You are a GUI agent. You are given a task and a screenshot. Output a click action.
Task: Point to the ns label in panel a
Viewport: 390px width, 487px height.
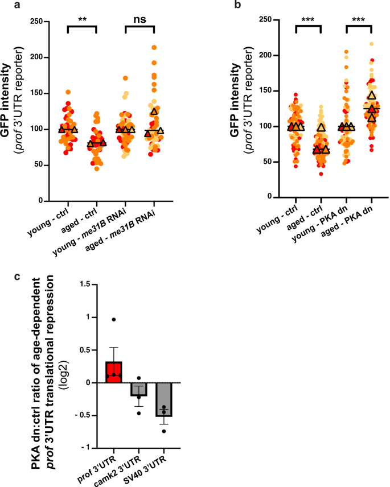pos(139,20)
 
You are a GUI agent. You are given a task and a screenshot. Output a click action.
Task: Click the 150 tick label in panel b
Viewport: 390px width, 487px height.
pos(265,91)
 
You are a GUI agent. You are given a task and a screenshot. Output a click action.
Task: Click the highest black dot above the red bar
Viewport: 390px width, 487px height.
pos(114,320)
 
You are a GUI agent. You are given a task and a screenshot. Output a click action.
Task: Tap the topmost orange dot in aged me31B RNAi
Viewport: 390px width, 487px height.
pos(154,48)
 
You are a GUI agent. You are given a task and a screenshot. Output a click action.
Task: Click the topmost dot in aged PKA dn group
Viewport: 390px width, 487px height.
pos(372,44)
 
